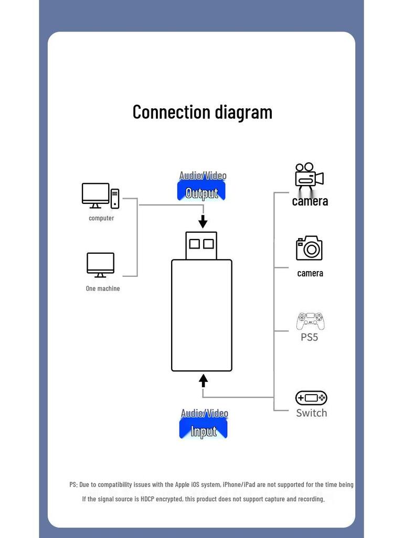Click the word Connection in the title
(164, 112)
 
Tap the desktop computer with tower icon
(100, 196)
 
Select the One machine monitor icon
(100, 265)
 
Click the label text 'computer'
(101, 218)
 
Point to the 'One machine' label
(103, 288)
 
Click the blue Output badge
(201, 192)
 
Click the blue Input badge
(204, 431)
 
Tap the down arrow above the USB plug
(203, 221)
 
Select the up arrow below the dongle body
(204, 380)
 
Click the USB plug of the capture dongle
(201, 245)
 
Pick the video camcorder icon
(309, 177)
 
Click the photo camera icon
(309, 248)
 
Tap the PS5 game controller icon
(310, 320)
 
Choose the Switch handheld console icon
(311, 398)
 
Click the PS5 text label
(310, 337)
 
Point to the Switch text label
(311, 413)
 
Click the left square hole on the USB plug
(195, 244)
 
